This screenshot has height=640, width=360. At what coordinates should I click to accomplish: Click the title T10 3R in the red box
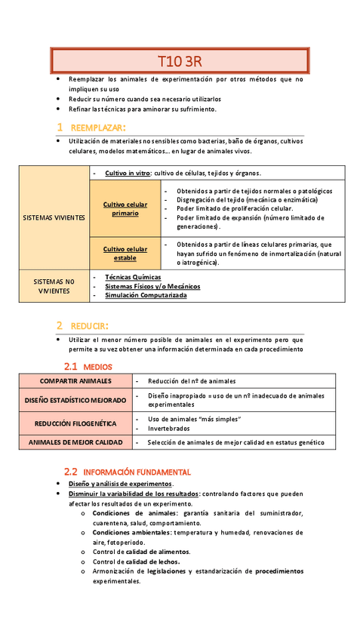[180, 60]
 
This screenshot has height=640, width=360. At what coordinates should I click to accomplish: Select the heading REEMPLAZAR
[97, 127]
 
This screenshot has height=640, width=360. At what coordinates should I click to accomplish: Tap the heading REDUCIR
[90, 326]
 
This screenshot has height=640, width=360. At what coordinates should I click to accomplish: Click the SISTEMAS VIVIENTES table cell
[54, 217]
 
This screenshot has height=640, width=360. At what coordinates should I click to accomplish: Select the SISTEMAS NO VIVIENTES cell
[54, 285]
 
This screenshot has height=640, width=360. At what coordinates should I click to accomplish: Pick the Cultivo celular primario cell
[125, 208]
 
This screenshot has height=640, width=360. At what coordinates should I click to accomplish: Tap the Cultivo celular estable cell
[125, 254]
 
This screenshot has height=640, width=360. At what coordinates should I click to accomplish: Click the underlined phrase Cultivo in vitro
[127, 173]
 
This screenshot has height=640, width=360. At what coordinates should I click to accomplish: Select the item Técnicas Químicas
[134, 276]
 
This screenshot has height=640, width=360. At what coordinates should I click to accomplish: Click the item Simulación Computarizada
[146, 295]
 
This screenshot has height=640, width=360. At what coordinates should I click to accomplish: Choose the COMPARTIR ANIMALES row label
[75, 381]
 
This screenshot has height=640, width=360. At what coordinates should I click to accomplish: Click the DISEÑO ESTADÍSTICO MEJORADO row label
[75, 400]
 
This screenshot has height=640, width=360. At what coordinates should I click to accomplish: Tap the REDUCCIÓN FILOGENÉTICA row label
[75, 423]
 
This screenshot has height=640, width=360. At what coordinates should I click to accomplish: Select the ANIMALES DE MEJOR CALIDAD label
[75, 443]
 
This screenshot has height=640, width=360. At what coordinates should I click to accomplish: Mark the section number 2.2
[71, 471]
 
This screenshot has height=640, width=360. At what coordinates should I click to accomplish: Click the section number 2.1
[71, 366]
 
